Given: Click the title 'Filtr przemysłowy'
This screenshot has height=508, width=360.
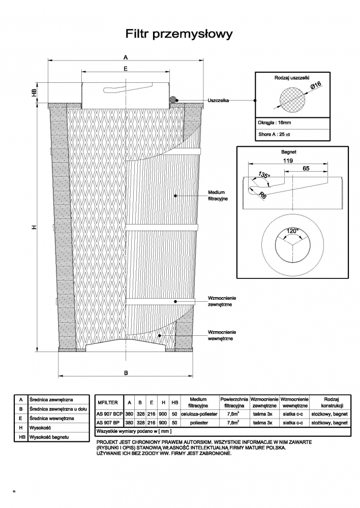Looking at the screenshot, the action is pyautogui.click(x=179, y=34).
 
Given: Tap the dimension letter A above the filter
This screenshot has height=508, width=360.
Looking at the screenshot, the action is pyautogui.click(x=126, y=57).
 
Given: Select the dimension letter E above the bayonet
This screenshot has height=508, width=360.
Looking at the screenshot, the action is pyautogui.click(x=126, y=69).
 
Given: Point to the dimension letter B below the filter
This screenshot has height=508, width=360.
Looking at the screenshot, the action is pyautogui.click(x=126, y=372).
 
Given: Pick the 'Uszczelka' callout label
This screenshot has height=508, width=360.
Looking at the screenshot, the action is pyautogui.click(x=218, y=101).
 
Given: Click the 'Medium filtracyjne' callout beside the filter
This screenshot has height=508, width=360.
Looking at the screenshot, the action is pyautogui.click(x=218, y=196).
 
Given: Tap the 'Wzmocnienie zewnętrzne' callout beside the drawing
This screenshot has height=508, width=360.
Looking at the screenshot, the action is pyautogui.click(x=222, y=301).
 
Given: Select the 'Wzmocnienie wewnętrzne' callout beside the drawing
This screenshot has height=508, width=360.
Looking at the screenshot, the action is pyautogui.click(x=222, y=335).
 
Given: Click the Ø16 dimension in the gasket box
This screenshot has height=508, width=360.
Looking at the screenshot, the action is pyautogui.click(x=316, y=85).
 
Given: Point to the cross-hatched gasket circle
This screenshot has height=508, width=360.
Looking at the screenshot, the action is pyautogui.click(x=292, y=100).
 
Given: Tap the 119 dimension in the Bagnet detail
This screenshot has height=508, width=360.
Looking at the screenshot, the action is pyautogui.click(x=288, y=161).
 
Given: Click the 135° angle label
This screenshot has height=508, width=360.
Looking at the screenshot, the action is pyautogui.click(x=264, y=175).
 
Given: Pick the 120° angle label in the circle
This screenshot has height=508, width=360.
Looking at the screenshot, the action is pyautogui.click(x=292, y=231).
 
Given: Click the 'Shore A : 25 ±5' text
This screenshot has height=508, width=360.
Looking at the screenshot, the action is pyautogui.click(x=275, y=134).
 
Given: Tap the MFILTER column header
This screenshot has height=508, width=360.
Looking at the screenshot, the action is pyautogui.click(x=108, y=402).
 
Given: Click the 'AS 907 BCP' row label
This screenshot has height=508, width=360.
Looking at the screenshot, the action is pyautogui.click(x=110, y=414).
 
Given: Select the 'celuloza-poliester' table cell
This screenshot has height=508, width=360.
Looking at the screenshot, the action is pyautogui.click(x=199, y=414).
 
